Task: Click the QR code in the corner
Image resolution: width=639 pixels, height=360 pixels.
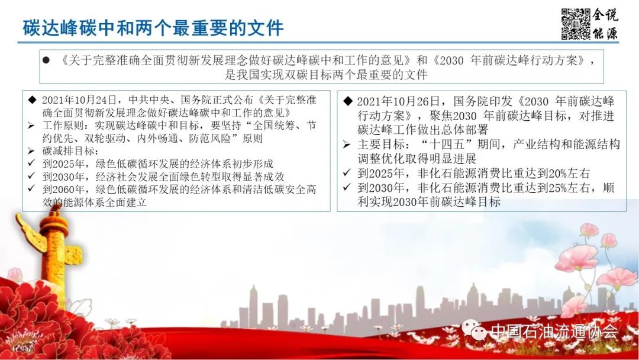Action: pos(576,24)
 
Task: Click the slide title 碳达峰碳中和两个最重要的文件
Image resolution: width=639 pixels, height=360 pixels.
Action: pos(153,28)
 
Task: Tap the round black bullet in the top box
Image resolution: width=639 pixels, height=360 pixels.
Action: pos(46,60)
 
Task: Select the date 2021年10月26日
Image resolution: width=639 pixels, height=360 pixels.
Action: pos(399,101)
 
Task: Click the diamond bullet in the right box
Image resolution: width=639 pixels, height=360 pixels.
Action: pos(348,101)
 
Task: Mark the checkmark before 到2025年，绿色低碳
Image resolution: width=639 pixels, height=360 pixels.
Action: pos(31,163)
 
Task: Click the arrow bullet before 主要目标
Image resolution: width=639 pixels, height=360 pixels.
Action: pos(347,144)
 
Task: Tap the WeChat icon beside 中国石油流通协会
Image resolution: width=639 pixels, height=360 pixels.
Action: pos(474,330)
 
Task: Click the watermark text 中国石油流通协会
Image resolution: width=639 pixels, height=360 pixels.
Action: pos(554,331)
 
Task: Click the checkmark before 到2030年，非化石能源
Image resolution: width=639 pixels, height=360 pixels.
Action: pos(347,187)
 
